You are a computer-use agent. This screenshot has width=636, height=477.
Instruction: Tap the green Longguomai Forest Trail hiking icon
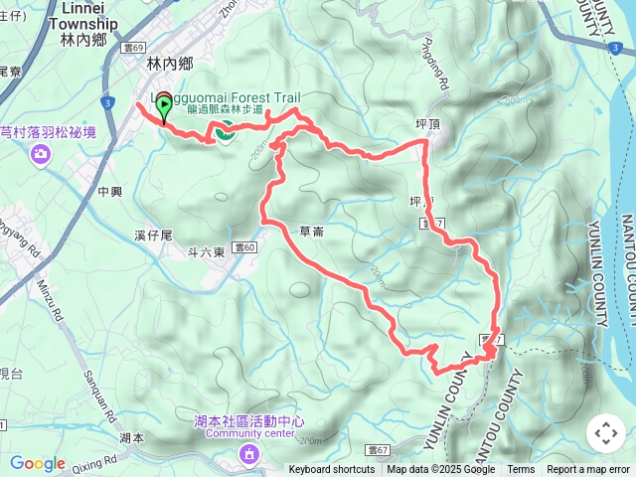click(225, 129)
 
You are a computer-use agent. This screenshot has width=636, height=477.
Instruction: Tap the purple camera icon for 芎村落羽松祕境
click(40, 153)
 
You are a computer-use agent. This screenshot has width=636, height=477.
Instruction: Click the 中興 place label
click(109, 190)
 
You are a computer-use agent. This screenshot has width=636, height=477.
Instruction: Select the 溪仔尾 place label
click(153, 236)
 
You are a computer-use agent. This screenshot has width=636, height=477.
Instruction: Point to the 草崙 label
click(309, 231)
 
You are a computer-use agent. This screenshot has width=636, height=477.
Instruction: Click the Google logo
click(38, 463)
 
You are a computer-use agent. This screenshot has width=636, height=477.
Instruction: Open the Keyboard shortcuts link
click(332, 470)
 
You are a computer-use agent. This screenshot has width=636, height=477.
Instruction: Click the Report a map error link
click(589, 470)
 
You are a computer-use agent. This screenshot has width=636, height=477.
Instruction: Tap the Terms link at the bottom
click(521, 470)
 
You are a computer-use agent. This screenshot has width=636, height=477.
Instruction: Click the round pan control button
click(605, 433)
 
